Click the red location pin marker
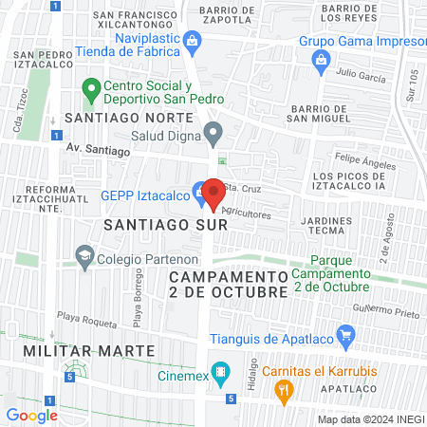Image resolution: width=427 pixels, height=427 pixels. tap(213, 192)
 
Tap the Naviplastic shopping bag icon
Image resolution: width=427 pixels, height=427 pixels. tap(193, 40)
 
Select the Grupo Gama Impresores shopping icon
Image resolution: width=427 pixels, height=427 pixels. tap(320, 60)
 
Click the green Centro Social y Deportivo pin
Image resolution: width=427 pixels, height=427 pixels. tap(91, 91)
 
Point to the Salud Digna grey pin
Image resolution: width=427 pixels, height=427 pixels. tap(213, 135)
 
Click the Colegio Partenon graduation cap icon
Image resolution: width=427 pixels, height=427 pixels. tap(84, 253)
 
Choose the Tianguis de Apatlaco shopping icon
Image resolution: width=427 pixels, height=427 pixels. tap(345, 335)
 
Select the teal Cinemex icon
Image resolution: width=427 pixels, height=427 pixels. tap(220, 369)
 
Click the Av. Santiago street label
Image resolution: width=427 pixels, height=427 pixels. tap(98, 150)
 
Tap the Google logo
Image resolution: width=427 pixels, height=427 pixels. tap(31, 415)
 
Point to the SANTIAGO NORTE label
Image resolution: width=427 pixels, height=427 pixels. tap(129, 119)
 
